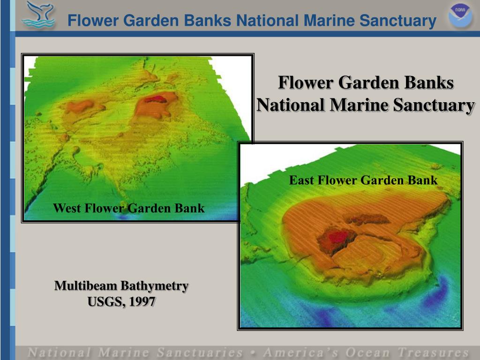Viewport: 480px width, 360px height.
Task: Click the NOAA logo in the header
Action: coord(459,16)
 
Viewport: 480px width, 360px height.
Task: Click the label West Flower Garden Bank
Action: coord(129,208)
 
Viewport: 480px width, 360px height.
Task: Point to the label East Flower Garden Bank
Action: coord(363,180)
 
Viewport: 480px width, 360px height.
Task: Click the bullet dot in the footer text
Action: coord(253,353)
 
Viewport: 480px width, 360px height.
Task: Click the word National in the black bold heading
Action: coord(290,105)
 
